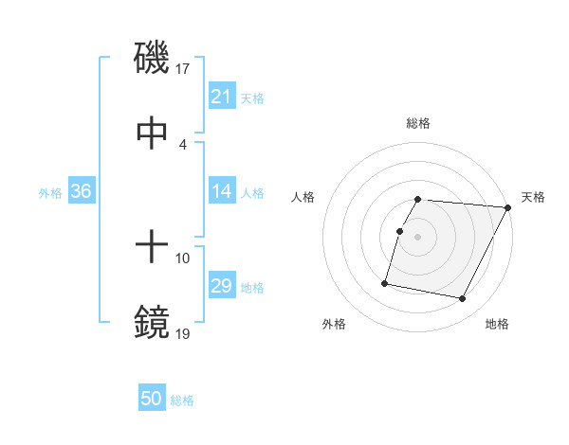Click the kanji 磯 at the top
pos(153,58)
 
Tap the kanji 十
pos(153,248)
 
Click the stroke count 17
pos(183,68)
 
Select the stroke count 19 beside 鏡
pos(183,333)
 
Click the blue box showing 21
pos(222,97)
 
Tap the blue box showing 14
pos(222,191)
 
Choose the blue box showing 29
pos(222,286)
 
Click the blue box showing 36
pos(82,191)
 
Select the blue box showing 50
pos(152,400)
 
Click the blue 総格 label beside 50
pos(182,400)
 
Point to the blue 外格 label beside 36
pos(50,192)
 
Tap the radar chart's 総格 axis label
pos(418,123)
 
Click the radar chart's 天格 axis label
pos(533,197)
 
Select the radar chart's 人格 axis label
pos(303,197)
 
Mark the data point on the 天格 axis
pos(507,207)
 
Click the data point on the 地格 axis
pos(463,299)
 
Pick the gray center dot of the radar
pos(418,237)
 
